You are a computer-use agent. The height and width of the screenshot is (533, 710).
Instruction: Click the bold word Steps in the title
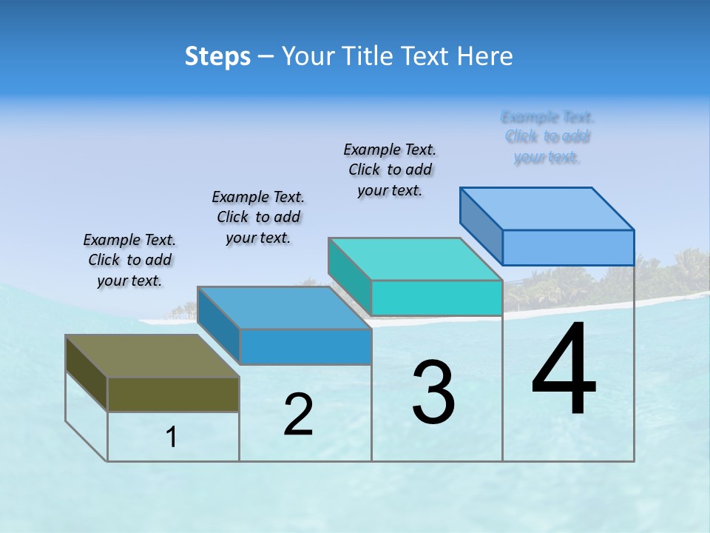point(217,56)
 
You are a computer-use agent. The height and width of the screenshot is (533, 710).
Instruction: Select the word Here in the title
point(484,56)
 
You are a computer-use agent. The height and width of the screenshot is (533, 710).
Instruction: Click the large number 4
point(564,370)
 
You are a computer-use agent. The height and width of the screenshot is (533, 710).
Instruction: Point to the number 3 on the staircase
point(433,392)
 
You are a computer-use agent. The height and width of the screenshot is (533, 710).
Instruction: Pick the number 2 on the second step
point(298,415)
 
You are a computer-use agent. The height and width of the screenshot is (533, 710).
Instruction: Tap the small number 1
point(172,438)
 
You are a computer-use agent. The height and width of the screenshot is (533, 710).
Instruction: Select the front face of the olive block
point(173,394)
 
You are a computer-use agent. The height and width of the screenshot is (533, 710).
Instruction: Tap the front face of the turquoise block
point(436,298)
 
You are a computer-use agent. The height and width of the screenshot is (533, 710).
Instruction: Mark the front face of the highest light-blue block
point(568,247)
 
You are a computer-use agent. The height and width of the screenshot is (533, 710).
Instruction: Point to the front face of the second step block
point(305,346)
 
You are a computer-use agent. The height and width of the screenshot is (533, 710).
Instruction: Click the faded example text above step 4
point(547,137)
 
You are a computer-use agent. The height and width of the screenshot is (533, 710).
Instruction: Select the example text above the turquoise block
point(390,170)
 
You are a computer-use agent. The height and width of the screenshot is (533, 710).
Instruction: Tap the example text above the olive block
point(129,260)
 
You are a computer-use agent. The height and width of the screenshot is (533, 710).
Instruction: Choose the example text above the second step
point(258,217)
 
